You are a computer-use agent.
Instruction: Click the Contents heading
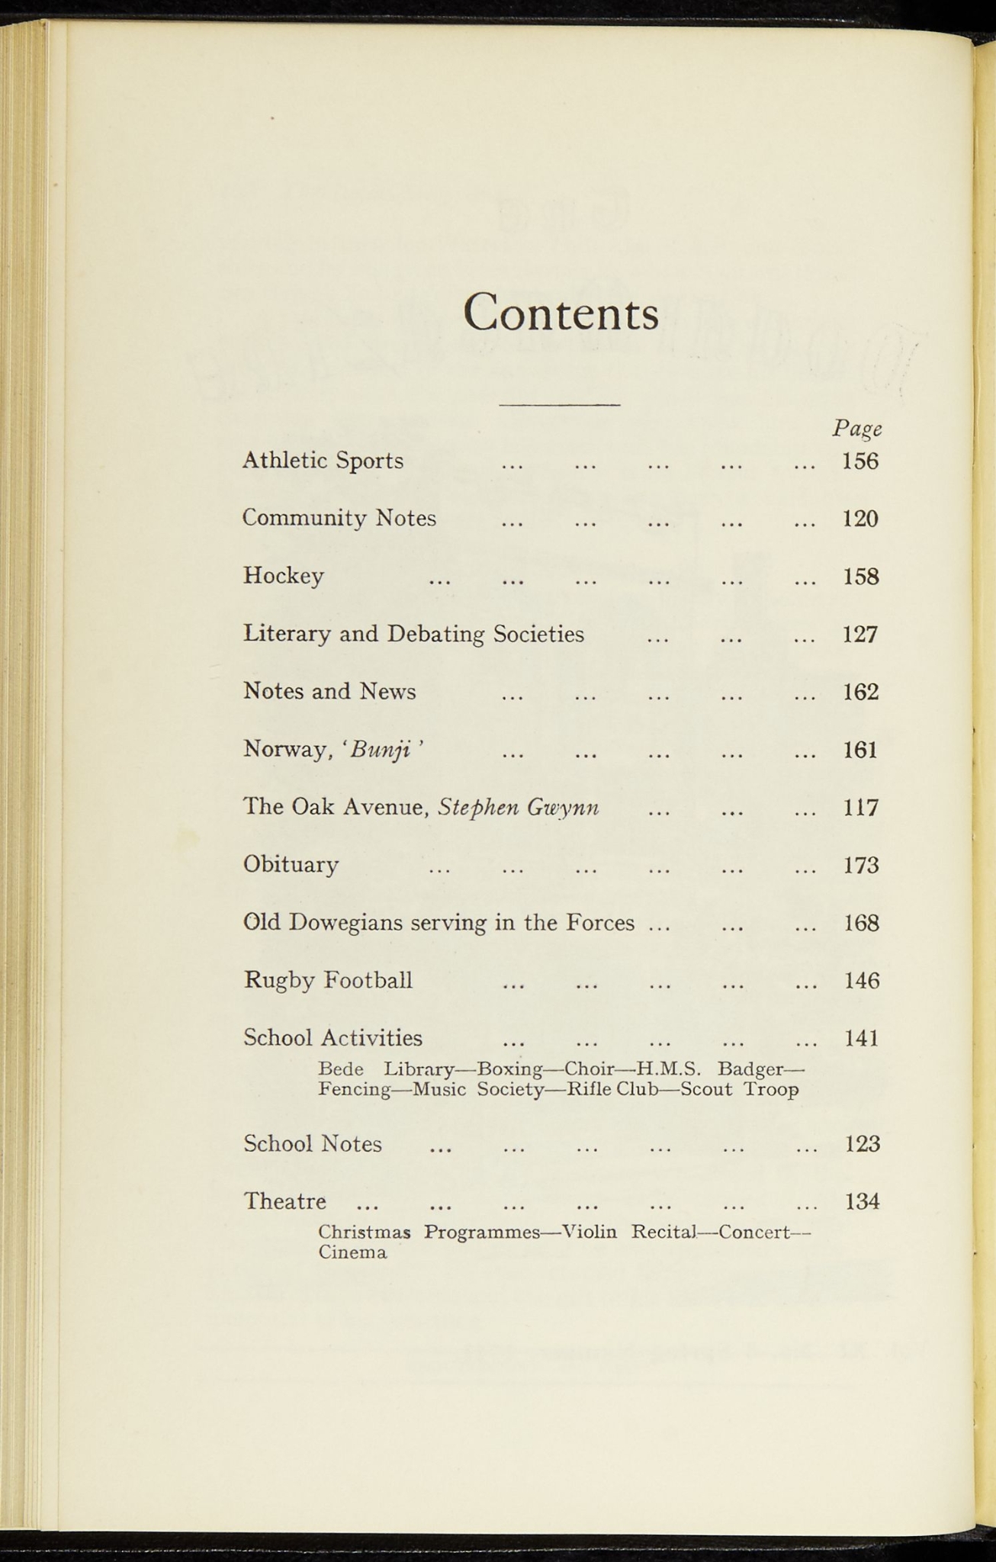click(x=561, y=313)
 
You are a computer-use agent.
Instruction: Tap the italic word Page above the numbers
click(x=856, y=429)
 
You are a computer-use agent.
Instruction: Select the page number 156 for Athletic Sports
click(x=860, y=461)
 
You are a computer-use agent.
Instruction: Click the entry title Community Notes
click(x=339, y=519)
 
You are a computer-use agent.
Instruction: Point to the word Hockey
click(x=284, y=576)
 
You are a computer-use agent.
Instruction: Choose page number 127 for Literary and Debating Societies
click(x=860, y=635)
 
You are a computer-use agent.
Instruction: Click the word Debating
click(x=435, y=635)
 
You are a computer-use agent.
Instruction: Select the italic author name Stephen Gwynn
click(x=519, y=807)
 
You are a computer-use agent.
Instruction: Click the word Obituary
click(x=291, y=865)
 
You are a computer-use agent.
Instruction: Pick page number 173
click(x=861, y=866)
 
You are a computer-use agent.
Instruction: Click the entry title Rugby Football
click(x=328, y=980)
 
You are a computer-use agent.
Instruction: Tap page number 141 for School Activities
click(x=862, y=1038)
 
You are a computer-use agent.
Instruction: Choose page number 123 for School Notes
click(x=863, y=1144)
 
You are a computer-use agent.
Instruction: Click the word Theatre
click(x=284, y=1201)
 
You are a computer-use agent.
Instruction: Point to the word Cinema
click(x=352, y=1252)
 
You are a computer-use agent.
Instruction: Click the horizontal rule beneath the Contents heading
click(x=560, y=404)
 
